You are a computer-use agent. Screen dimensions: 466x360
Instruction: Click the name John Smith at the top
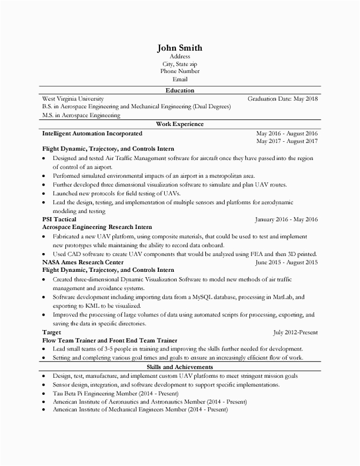click(180, 48)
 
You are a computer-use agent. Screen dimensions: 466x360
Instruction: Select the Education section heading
click(180, 90)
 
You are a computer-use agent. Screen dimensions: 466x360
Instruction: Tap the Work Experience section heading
click(180, 124)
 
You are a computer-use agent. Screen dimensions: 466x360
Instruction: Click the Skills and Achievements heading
click(180, 367)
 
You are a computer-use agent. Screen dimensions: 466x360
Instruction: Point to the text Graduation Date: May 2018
click(282, 99)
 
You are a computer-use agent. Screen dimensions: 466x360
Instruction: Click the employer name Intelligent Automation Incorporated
click(92, 133)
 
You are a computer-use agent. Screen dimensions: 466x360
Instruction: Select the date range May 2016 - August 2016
click(287, 133)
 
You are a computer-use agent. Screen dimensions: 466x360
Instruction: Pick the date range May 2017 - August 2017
click(287, 141)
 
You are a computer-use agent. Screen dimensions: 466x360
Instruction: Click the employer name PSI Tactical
click(59, 219)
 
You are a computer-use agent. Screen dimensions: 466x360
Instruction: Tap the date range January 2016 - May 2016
click(286, 219)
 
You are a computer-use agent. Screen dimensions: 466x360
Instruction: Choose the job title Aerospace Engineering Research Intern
click(97, 227)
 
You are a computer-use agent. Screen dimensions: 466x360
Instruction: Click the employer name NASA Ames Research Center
click(83, 263)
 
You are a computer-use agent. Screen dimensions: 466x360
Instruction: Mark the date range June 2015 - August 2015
click(287, 263)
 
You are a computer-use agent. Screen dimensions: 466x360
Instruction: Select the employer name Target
click(51, 332)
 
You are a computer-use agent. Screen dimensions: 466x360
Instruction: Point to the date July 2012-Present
click(295, 332)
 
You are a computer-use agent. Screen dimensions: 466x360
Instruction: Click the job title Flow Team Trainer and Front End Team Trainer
click(110, 340)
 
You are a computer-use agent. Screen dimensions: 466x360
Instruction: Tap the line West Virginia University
click(73, 99)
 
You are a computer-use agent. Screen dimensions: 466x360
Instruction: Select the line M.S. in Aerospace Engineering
click(81, 115)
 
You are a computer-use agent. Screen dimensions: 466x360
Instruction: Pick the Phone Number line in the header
click(180, 71)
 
